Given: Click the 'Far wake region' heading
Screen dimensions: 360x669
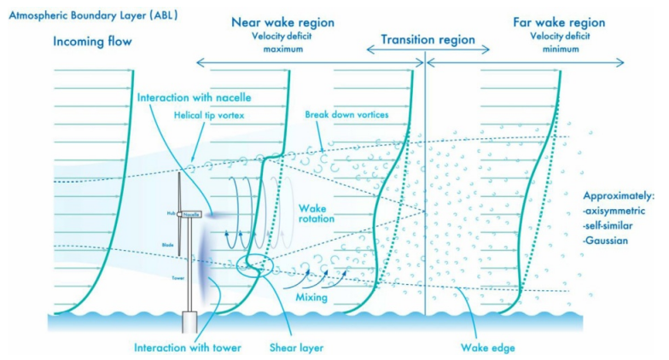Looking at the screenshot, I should (x=559, y=22).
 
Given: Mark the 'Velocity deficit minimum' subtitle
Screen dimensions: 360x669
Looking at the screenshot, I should (x=559, y=42).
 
